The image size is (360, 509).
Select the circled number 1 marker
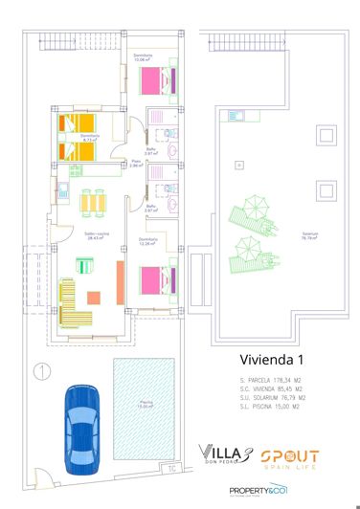[41, 369]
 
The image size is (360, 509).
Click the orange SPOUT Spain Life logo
[289, 456]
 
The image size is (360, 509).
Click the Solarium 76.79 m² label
[310, 237]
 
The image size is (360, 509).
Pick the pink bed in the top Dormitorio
[158, 84]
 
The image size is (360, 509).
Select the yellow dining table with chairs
[93, 204]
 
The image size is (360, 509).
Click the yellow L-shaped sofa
[69, 304]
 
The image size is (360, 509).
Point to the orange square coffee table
[94, 298]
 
